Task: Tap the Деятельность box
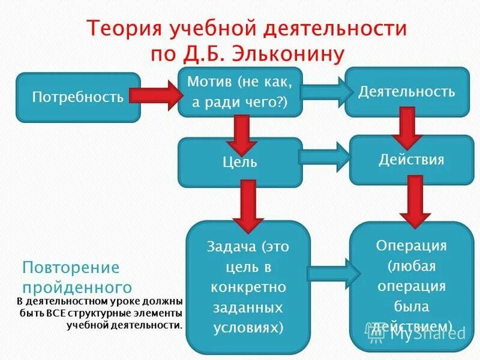pyautogui.click(x=407, y=92)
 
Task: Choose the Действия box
pyautogui.click(x=411, y=160)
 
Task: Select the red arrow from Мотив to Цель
pyautogui.click(x=241, y=133)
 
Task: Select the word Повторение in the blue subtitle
pyautogui.click(x=71, y=268)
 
